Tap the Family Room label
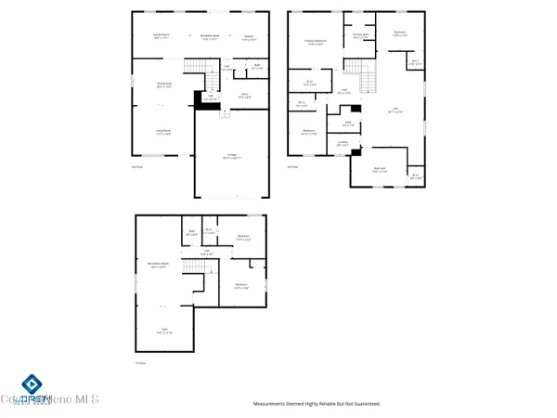click(x=161, y=37)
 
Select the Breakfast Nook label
click(x=210, y=37)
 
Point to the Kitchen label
click(x=248, y=39)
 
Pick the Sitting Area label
click(x=164, y=85)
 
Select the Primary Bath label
click(x=360, y=36)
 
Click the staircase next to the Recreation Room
click(x=193, y=268)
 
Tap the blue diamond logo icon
click(x=31, y=384)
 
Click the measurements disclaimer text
click(x=317, y=404)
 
